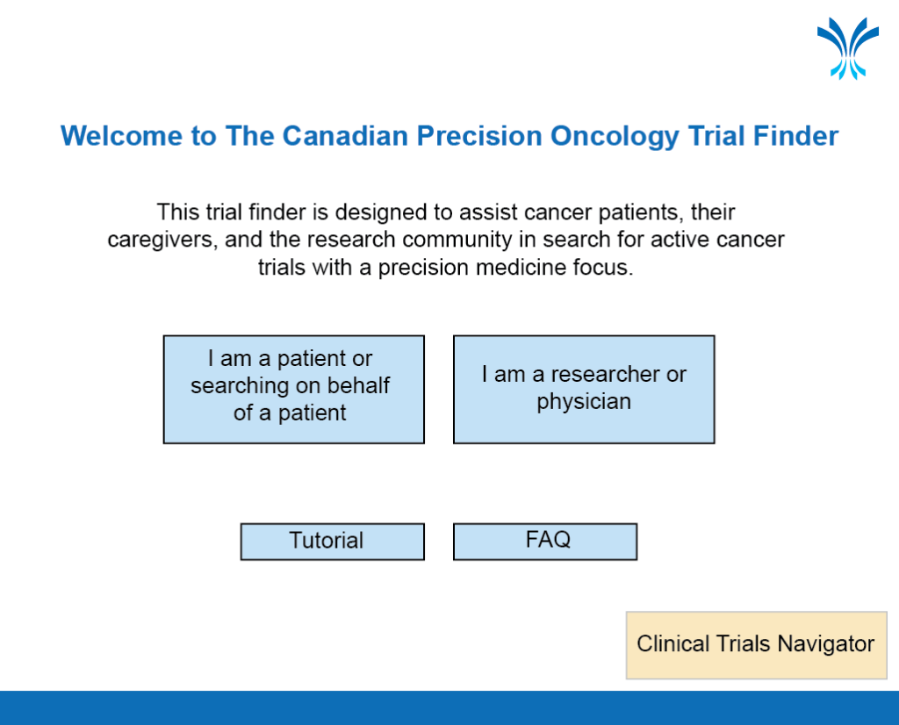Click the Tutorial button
pos(333,542)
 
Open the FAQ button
pos(545,542)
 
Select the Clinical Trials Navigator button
pos(756,645)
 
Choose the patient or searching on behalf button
pos(293,390)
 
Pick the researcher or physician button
pos(584,390)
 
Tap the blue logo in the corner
pos(848,48)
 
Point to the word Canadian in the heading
pos(346,136)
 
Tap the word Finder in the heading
pos(795,136)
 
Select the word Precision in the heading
pos(479,136)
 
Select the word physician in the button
pos(584,402)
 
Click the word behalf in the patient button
pos(358,385)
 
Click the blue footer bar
pos(449,707)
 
